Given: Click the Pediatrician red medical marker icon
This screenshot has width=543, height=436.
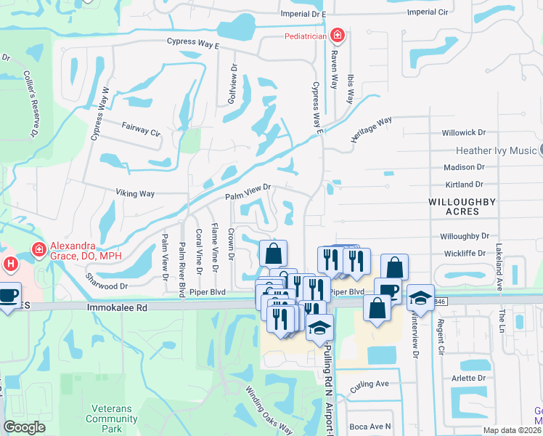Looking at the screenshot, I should [x=337, y=35].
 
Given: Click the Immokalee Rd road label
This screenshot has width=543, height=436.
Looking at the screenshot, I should [x=117, y=308].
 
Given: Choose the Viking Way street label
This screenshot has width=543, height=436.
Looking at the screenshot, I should [x=136, y=193].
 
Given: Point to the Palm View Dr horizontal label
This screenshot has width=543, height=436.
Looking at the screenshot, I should [x=248, y=193].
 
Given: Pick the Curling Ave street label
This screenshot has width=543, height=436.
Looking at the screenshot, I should [x=372, y=384].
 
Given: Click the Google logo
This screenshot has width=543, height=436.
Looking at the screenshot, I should [x=24, y=427].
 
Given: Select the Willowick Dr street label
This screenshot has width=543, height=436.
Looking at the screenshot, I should [x=464, y=133].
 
